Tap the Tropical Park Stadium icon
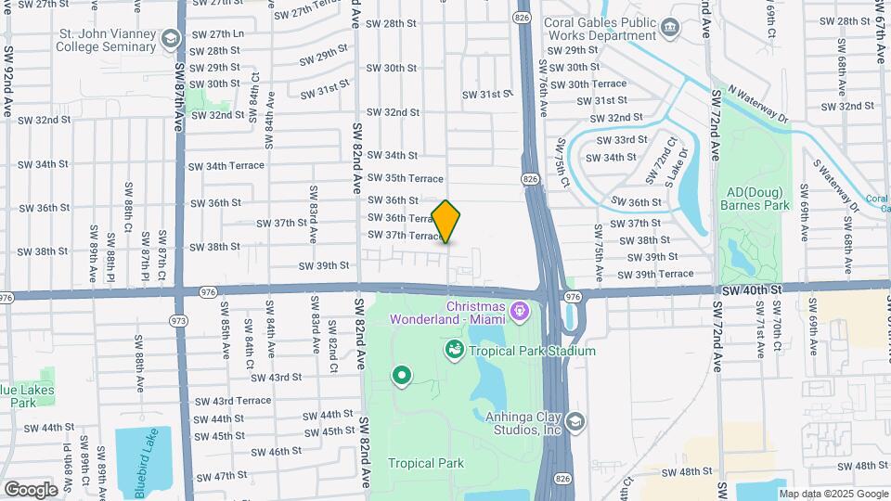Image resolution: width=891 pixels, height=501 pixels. click(x=454, y=350)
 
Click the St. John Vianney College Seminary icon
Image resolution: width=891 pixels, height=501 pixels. click(x=170, y=38)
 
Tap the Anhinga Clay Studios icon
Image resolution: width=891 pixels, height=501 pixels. click(x=575, y=423)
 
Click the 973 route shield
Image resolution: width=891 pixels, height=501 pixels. click(x=176, y=319)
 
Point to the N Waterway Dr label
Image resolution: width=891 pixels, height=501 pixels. click(x=757, y=105)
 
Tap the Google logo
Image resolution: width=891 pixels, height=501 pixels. click(x=31, y=489)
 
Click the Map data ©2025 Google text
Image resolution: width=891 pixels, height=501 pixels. click(x=833, y=494)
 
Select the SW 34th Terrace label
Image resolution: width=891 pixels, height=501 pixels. click(x=226, y=166)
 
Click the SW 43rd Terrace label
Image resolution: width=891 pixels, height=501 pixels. click(x=228, y=401)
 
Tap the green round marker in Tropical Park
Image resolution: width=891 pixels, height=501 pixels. click(x=402, y=376)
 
